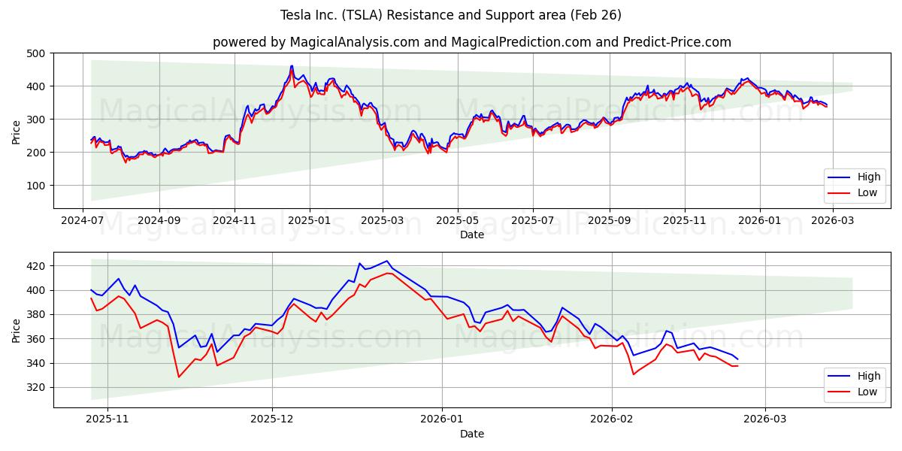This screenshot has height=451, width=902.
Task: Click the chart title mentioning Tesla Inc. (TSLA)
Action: [x=451, y=15]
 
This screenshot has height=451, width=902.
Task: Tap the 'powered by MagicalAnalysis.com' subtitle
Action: [x=471, y=42]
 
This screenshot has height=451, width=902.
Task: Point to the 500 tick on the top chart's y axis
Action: [x=35, y=53]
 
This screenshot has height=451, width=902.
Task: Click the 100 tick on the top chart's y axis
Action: [x=35, y=185]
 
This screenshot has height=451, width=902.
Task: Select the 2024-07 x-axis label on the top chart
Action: [x=83, y=222]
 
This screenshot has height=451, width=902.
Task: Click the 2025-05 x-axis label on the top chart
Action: [x=457, y=222]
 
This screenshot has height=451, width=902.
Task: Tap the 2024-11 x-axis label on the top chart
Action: [x=234, y=222]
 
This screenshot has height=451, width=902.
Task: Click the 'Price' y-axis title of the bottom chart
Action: [x=17, y=330]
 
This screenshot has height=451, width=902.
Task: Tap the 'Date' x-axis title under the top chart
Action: [x=471, y=235]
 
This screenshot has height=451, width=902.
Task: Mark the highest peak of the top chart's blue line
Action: [x=292, y=66]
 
